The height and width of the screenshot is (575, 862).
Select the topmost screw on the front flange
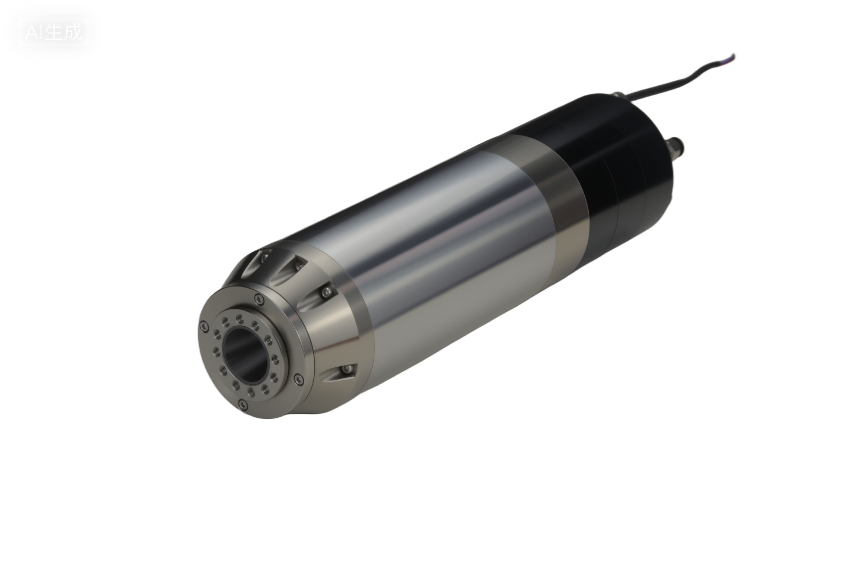point(259,298)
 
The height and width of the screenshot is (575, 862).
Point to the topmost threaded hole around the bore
point(239,318)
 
